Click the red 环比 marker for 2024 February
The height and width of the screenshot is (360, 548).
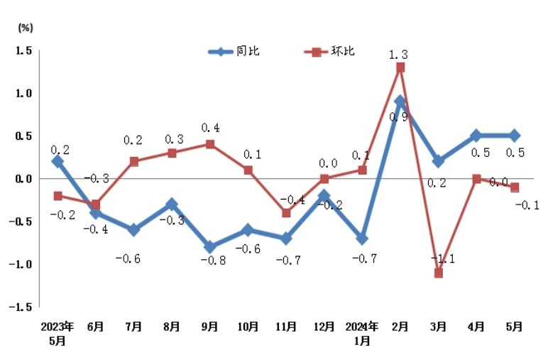pyautogui.click(x=400, y=67)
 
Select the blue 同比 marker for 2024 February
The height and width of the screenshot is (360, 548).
pyautogui.click(x=400, y=102)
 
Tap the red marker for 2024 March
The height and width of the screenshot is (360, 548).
pyautogui.click(x=439, y=273)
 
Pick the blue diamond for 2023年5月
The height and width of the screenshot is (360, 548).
pyautogui.click(x=57, y=161)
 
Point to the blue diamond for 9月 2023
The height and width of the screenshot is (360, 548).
pyautogui.click(x=210, y=247)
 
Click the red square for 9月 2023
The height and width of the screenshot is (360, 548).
pyautogui.click(x=210, y=144)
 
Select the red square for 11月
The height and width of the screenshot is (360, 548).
pyautogui.click(x=286, y=213)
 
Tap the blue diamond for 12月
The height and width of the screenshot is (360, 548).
pyautogui.click(x=324, y=195)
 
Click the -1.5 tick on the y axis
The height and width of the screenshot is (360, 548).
pyautogui.click(x=23, y=307)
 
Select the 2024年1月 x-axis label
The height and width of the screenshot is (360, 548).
pyautogui.click(x=362, y=333)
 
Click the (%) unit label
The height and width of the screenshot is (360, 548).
pyautogui.click(x=25, y=28)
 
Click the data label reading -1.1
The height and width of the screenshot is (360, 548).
pyautogui.click(x=444, y=258)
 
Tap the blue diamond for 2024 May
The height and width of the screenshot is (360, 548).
pyautogui.click(x=515, y=136)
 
